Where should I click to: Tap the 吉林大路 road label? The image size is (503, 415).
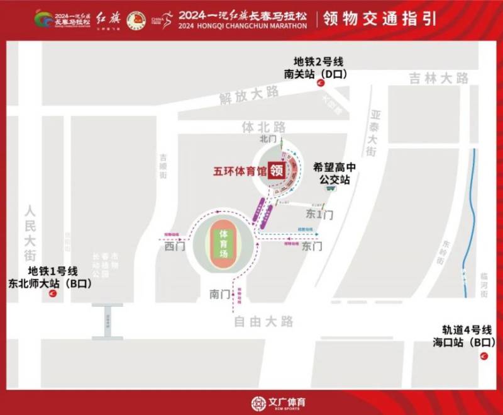click(x=439, y=79)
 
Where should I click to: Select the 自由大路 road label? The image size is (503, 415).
click(x=263, y=322)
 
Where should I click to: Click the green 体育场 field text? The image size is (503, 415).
click(x=222, y=242)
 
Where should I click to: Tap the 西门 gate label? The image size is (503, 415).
click(x=172, y=247)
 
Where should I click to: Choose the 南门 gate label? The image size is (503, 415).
click(x=219, y=293)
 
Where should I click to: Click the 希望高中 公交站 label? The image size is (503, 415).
click(x=334, y=174)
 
